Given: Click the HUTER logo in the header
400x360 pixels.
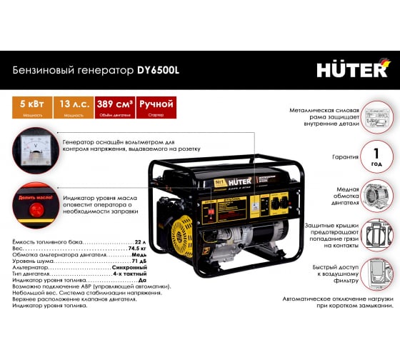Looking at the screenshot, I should point(354,69).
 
